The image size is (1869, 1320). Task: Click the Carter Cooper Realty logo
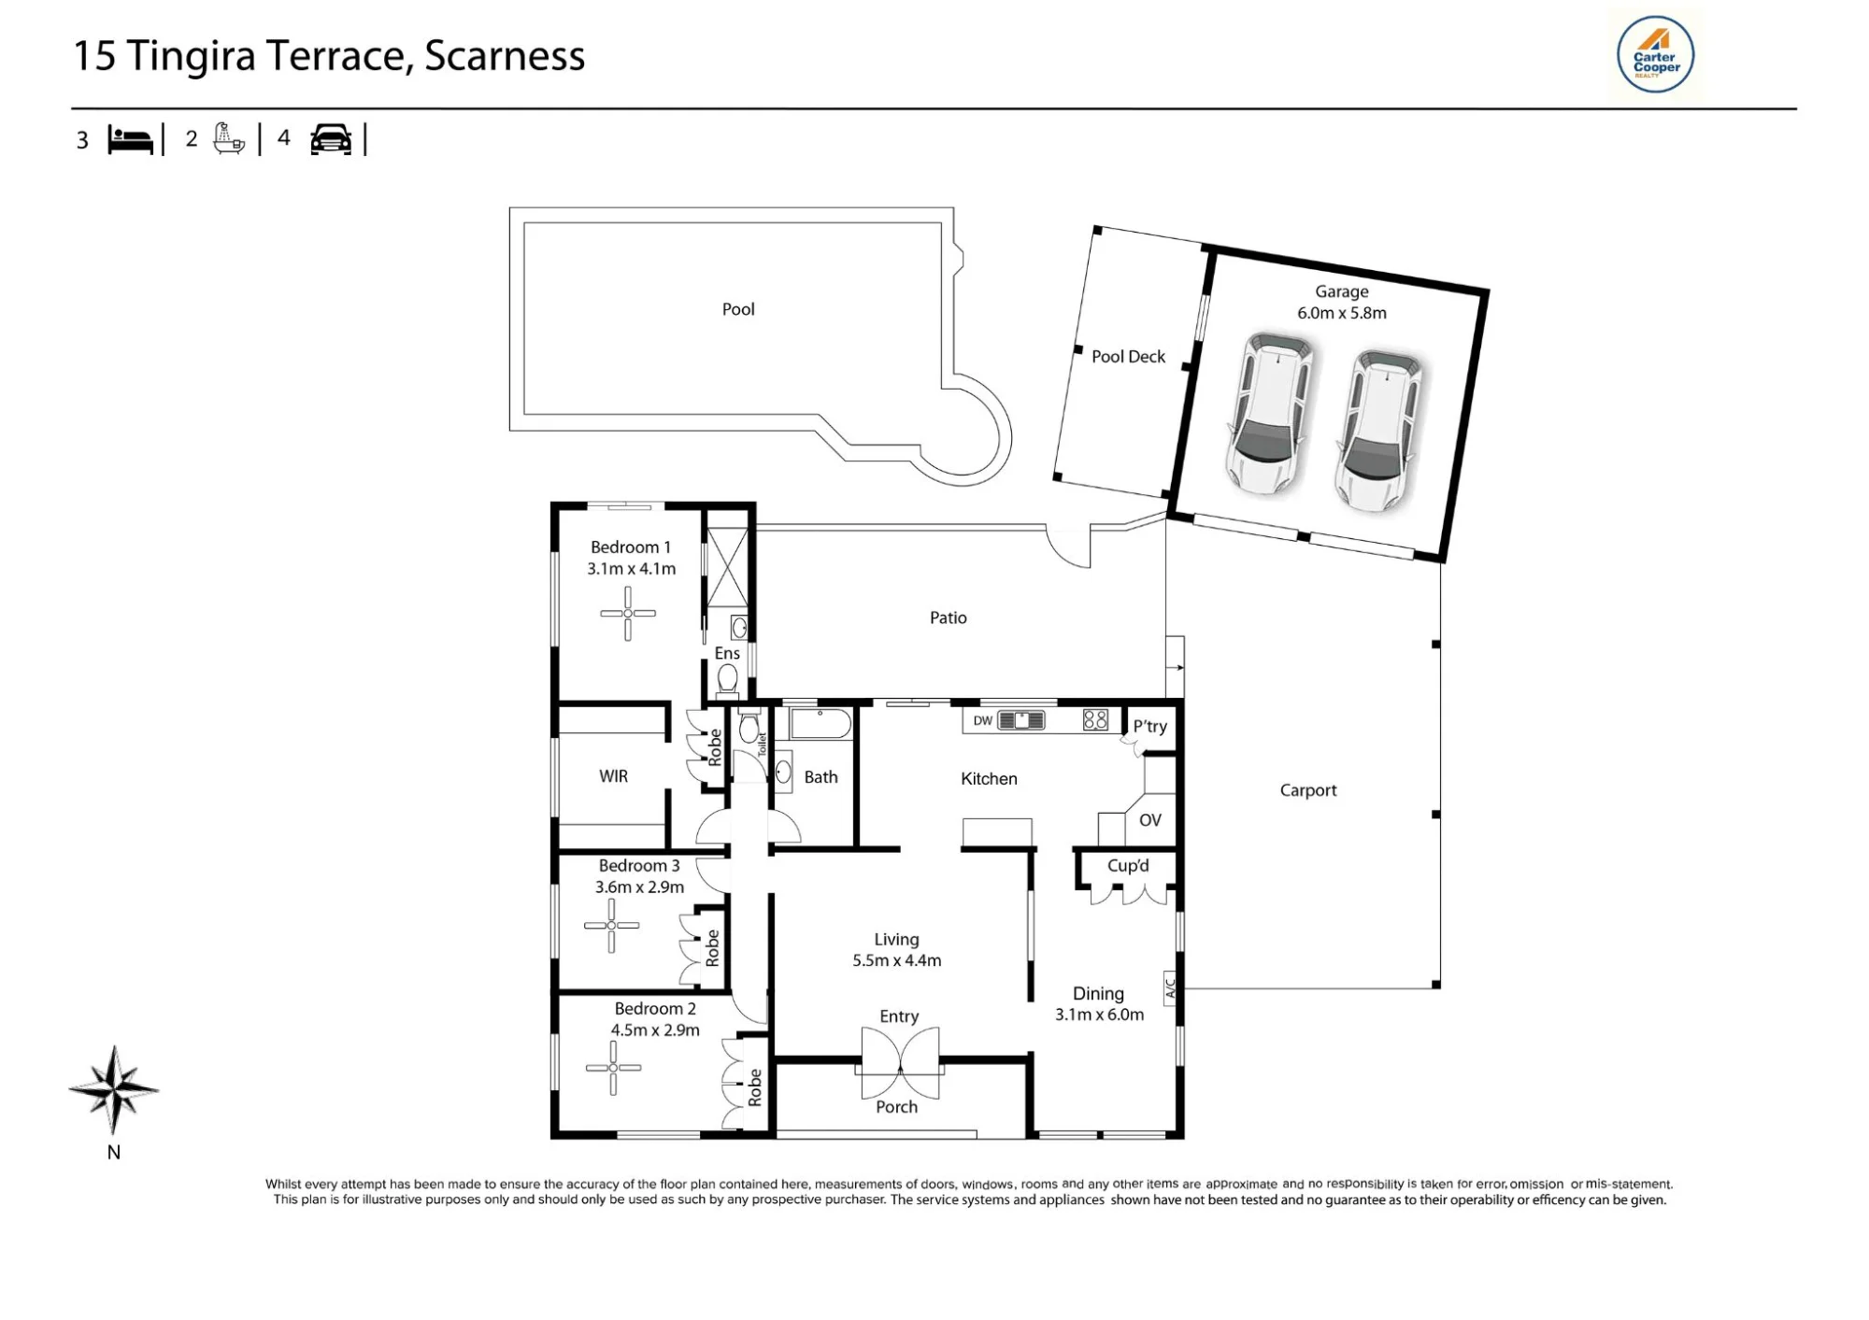1655,54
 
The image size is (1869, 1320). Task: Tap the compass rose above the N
113,1089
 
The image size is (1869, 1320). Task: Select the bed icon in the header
130,139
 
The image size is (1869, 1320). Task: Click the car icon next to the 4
331,139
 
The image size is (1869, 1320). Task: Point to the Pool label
738,309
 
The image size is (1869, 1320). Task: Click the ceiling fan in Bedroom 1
628,613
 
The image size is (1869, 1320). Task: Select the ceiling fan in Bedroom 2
613,1067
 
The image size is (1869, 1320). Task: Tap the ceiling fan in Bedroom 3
612,926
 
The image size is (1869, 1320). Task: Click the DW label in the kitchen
983,720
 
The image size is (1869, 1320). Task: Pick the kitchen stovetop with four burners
1095,719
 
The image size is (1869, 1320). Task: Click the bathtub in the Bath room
820,724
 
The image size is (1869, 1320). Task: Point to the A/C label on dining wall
1170,985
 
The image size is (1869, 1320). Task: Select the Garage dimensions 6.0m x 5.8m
1342,313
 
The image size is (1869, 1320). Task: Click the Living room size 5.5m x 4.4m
897,960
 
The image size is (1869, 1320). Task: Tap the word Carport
1308,790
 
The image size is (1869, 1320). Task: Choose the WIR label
613,776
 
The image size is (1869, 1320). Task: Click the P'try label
1150,726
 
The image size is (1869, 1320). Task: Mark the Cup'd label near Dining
1128,866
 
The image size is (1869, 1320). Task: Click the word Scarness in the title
505,55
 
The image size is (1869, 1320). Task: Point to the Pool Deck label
1129,357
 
